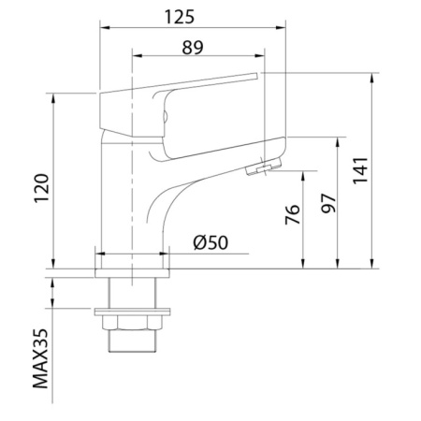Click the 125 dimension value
tap(180, 17)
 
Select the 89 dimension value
tap(193, 48)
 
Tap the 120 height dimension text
tap(42, 188)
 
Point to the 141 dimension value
tap(361, 170)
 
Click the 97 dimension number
tap(328, 203)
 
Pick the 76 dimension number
tap(293, 214)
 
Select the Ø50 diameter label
tap(210, 242)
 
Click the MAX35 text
tap(41, 358)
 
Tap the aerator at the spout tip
tap(264, 167)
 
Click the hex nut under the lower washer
tap(133, 323)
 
